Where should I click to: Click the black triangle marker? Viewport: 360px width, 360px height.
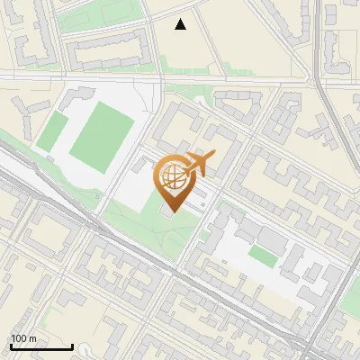(181, 24)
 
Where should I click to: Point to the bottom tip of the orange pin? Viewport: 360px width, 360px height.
(174, 212)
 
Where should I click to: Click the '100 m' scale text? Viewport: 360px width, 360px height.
(23, 338)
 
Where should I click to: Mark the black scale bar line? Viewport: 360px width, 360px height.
(41, 347)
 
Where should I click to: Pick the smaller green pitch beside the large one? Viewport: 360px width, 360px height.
(51, 131)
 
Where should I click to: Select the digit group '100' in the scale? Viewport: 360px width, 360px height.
(18, 338)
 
